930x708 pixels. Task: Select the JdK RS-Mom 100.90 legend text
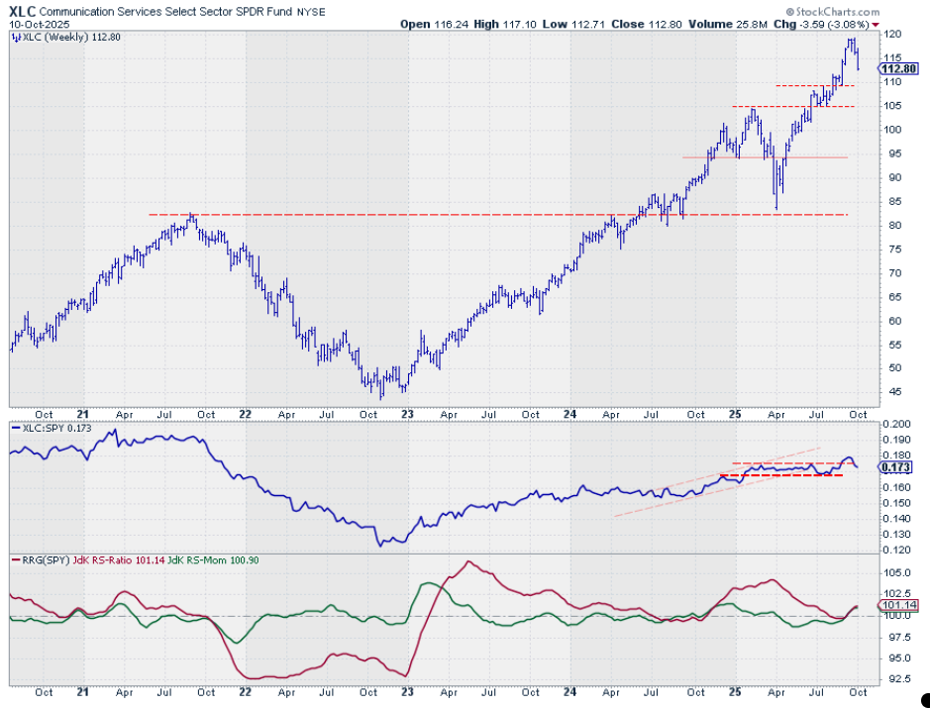coord(235,561)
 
